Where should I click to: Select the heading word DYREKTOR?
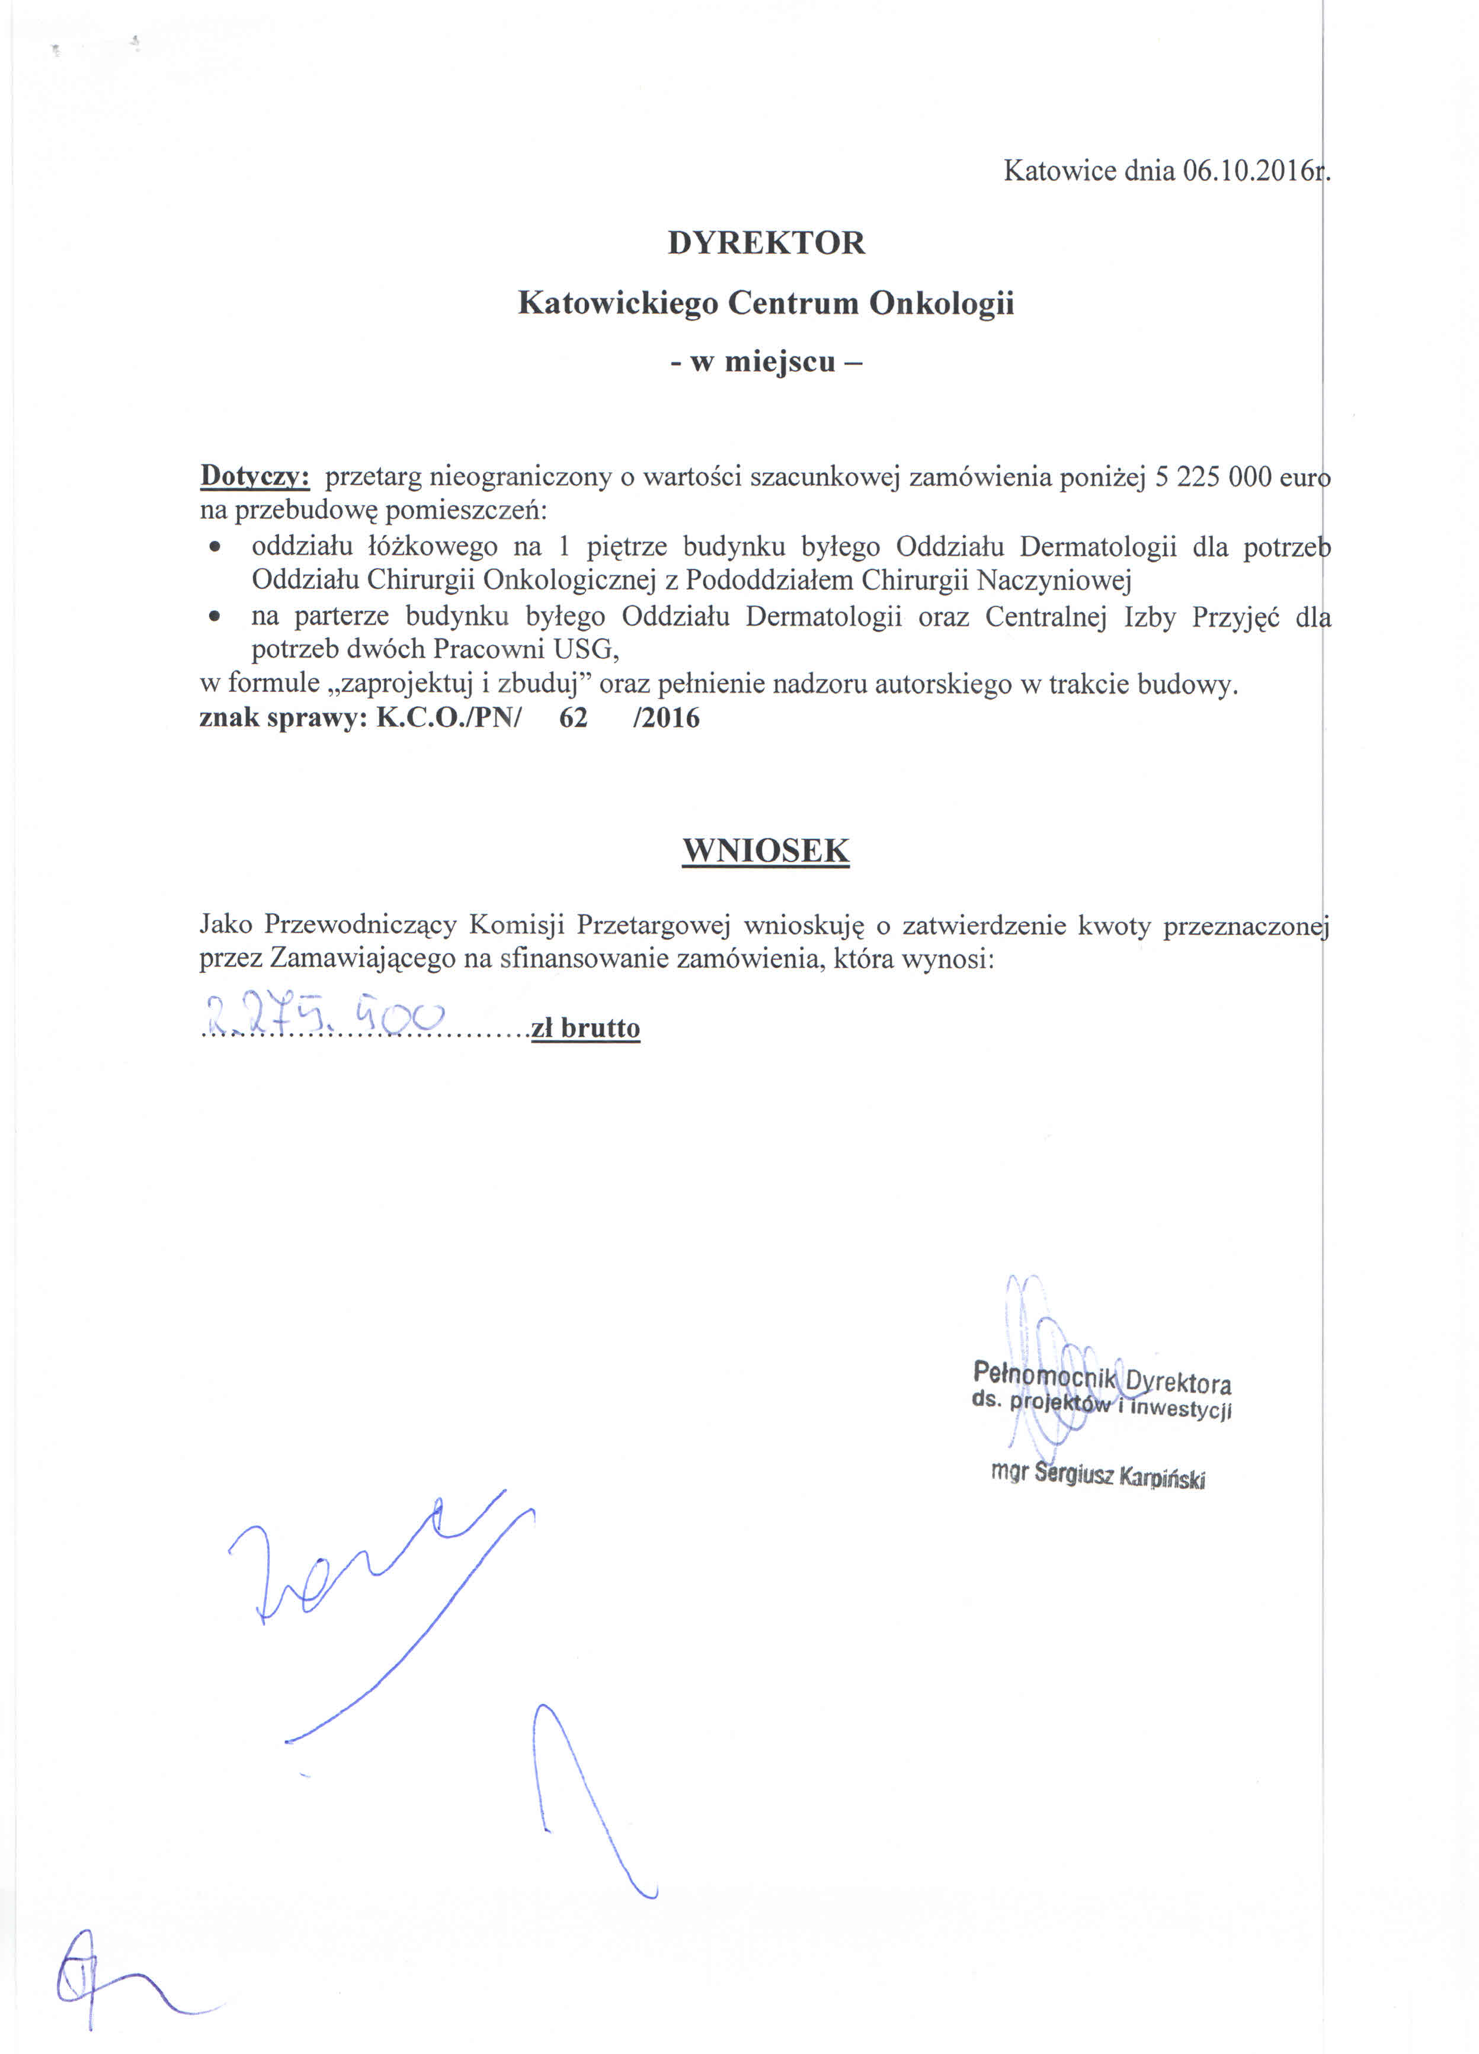[x=766, y=243]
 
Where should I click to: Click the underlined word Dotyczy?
[x=255, y=476]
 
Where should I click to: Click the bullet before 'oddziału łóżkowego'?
[x=214, y=547]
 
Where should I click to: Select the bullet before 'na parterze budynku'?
[x=214, y=617]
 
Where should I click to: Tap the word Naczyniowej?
[x=1054, y=579]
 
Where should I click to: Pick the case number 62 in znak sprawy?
[x=574, y=718]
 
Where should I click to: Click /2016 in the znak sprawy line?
[x=667, y=718]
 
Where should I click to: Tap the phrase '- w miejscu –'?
[x=766, y=362]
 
